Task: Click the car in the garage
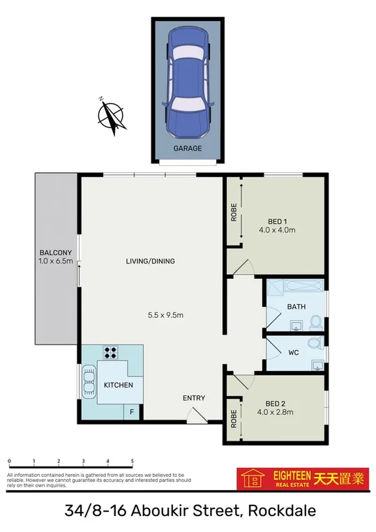click(x=186, y=88)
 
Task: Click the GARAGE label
click(x=187, y=149)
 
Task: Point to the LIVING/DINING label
click(x=150, y=261)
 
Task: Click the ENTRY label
click(x=194, y=398)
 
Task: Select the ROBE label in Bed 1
click(x=234, y=212)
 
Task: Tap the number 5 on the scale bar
click(x=132, y=462)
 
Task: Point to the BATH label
click(x=296, y=307)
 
